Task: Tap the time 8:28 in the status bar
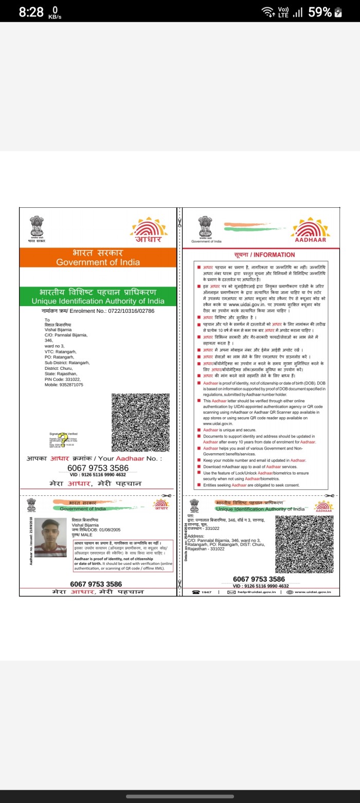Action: click(x=31, y=12)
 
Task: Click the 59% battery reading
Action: click(x=319, y=12)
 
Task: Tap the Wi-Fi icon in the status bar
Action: click(x=267, y=12)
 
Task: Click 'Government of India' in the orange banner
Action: click(x=98, y=262)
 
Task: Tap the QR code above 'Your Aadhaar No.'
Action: click(x=140, y=422)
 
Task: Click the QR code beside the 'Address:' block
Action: click(x=304, y=543)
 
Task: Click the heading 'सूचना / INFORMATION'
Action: click(x=264, y=255)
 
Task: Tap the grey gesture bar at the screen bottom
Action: click(x=179, y=796)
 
